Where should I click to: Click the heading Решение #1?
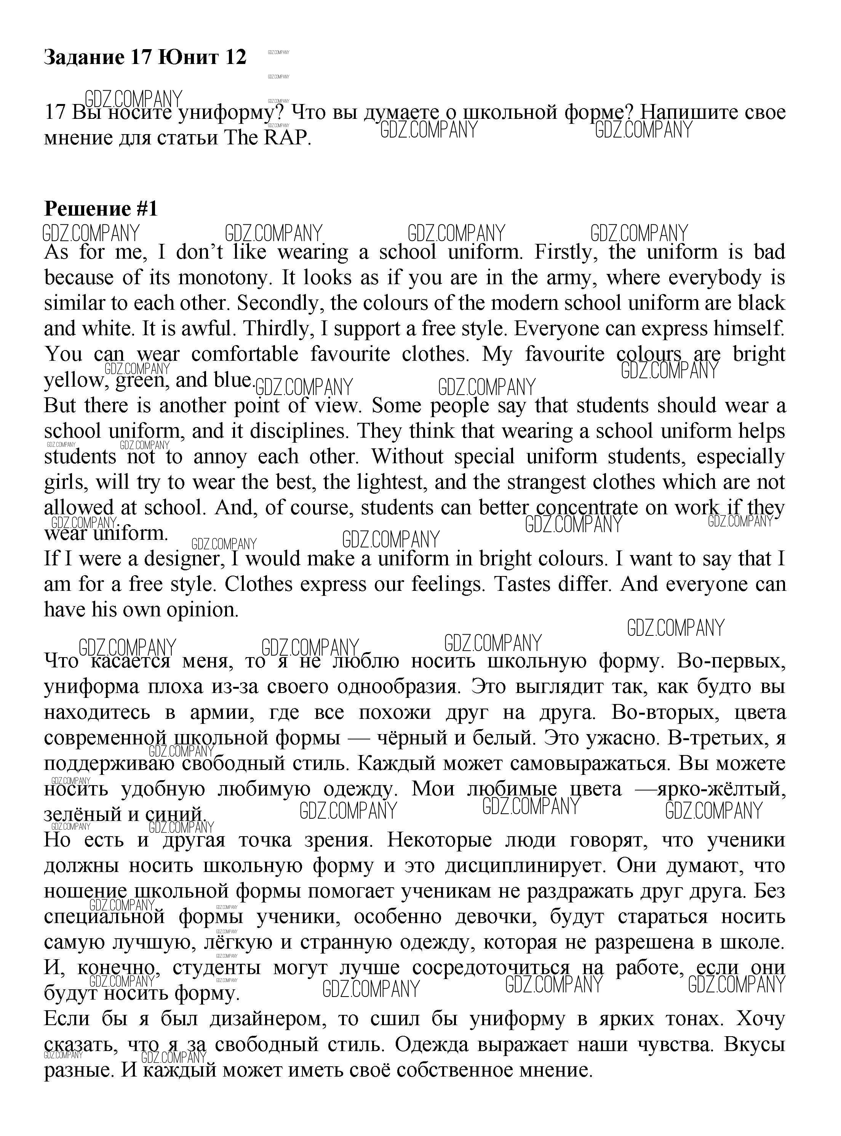coord(101,209)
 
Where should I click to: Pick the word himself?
coord(748,329)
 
